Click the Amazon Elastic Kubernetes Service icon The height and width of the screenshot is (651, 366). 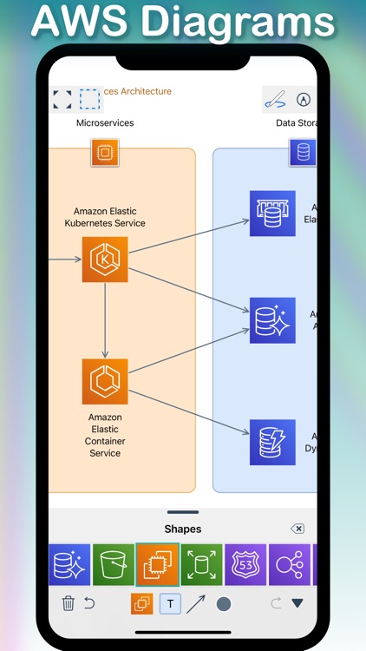coord(105,259)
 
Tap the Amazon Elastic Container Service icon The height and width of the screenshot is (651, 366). coord(105,381)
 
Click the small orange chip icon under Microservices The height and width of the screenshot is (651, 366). coord(105,153)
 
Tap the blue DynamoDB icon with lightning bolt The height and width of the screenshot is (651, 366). coord(272,443)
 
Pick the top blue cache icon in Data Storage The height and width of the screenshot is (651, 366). coord(272,214)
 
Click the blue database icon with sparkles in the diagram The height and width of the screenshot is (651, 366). coord(272,320)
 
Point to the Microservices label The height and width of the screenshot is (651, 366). coord(105,123)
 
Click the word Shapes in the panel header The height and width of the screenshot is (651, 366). coord(182,529)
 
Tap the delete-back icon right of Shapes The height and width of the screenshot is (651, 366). coord(297,529)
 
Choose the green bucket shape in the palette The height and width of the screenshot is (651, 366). coord(114,565)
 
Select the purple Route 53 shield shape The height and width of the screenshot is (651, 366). coord(245,565)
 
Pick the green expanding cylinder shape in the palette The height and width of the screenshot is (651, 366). coord(201,565)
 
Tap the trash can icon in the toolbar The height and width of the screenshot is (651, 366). coord(69,603)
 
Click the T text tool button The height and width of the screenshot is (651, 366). coord(170,604)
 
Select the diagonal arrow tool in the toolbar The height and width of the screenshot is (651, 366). coord(196,604)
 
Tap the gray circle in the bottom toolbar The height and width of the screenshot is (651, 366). coord(224,604)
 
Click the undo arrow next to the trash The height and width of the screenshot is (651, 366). coord(89,603)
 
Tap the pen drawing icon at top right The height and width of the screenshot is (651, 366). coord(275,100)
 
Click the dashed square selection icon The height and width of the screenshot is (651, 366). coord(89,99)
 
